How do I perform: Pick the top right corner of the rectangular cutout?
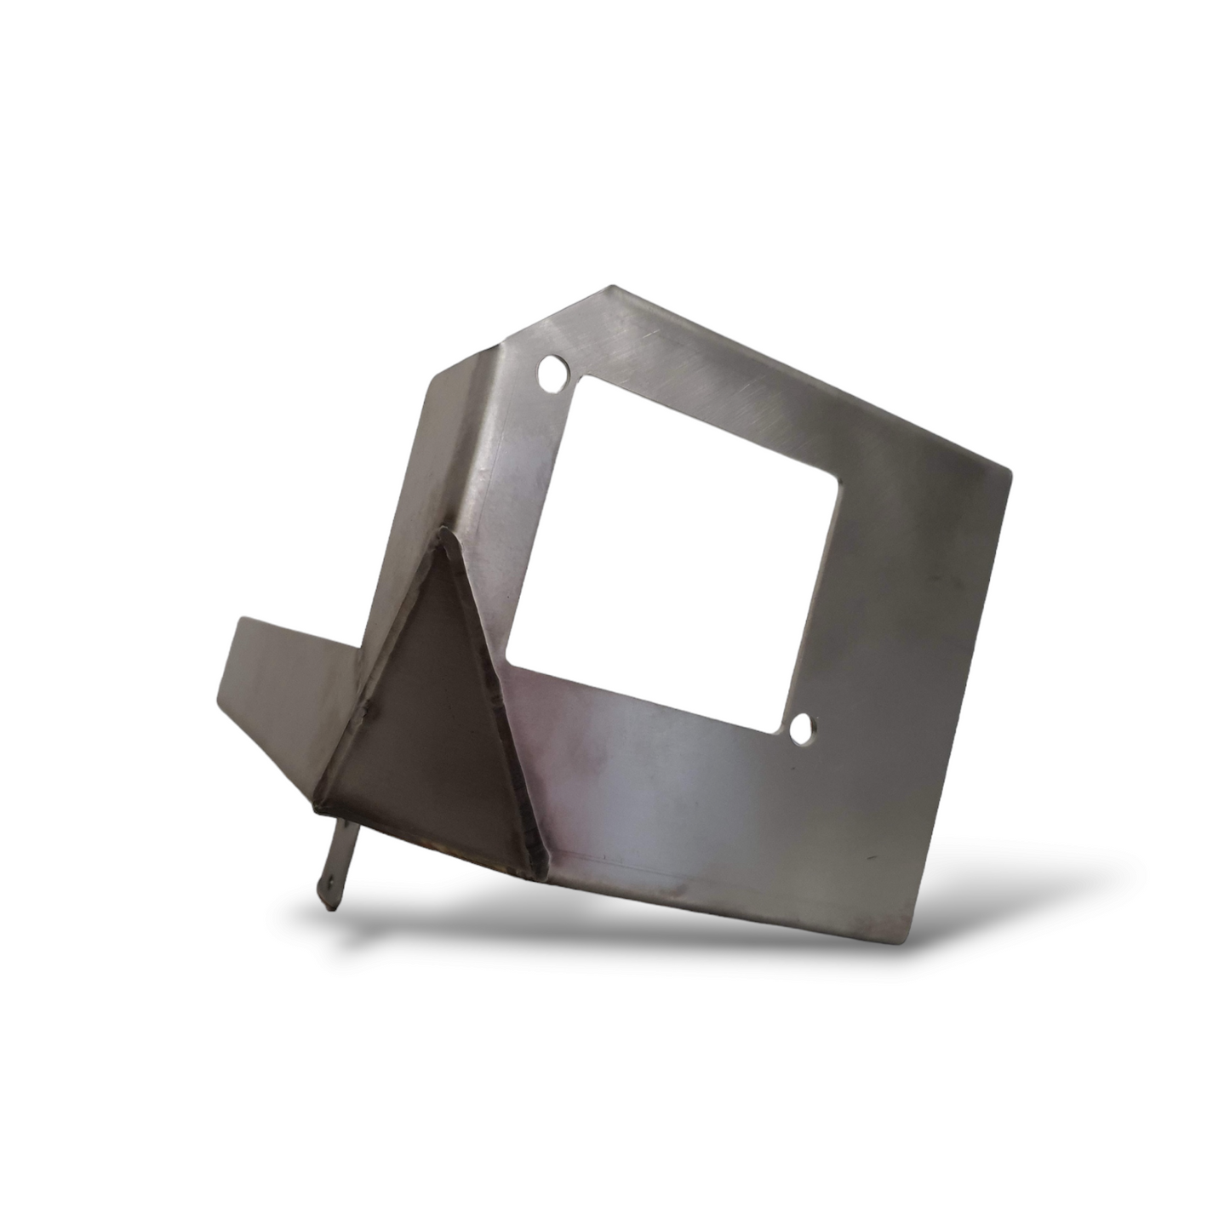[x=840, y=484]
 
